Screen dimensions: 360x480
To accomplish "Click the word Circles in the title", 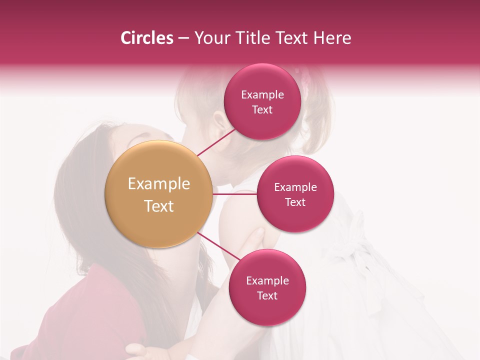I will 147,38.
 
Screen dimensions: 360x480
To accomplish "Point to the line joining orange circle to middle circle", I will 235,194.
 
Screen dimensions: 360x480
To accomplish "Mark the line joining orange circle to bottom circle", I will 218,246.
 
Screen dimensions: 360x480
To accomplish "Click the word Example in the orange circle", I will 159,184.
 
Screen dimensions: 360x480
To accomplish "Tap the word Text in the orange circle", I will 159,206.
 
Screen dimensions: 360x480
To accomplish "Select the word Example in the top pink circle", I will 262,95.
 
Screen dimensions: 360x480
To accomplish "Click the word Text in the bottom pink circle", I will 267,296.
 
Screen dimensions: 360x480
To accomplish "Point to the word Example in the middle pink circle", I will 295,187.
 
